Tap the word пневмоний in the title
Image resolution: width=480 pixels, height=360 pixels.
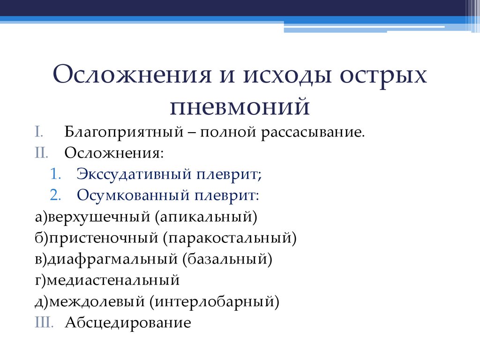pyautogui.click(x=240, y=107)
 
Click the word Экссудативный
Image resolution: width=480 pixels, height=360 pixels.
pyautogui.click(x=134, y=174)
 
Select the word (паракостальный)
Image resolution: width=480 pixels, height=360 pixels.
pyautogui.click(x=230, y=238)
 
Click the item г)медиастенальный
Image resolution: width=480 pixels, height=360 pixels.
pyautogui.click(x=107, y=280)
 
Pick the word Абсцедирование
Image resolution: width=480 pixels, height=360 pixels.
pyautogui.click(x=128, y=322)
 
